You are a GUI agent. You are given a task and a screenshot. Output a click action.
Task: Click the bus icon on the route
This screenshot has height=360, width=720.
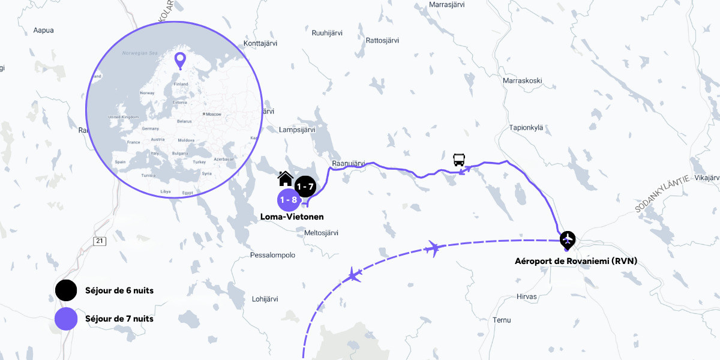click(x=459, y=160)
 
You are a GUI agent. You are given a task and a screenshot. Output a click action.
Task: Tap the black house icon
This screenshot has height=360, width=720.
click(x=286, y=178)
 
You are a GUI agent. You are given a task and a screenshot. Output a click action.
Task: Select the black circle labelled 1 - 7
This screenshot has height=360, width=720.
click(x=305, y=187)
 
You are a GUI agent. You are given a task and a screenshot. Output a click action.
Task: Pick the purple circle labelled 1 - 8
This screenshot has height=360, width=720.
click(x=289, y=200)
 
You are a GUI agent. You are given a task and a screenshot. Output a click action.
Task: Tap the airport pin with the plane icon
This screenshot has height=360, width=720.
click(x=567, y=240)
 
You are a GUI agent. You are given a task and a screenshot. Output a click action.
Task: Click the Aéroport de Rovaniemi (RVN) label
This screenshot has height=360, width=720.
click(x=576, y=261)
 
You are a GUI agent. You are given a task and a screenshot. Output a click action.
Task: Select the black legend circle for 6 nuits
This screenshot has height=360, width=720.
click(x=66, y=290)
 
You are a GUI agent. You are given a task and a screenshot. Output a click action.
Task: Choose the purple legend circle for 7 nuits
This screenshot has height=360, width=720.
click(x=66, y=319)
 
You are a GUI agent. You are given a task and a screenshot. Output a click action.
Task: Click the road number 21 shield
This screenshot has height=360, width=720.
click(x=100, y=241)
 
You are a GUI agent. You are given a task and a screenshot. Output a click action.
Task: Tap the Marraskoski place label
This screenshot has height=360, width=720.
click(x=523, y=80)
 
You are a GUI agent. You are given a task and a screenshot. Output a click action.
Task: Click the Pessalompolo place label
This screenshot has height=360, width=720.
click(x=272, y=255)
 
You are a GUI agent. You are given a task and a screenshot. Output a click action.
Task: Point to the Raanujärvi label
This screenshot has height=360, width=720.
click(x=349, y=163)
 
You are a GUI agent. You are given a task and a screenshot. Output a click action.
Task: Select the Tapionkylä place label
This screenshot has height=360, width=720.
click(x=526, y=127)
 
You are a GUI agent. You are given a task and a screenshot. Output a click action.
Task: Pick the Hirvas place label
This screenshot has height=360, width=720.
click(x=527, y=296)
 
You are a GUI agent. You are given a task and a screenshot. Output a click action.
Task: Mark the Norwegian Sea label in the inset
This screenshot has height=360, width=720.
click(x=139, y=53)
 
